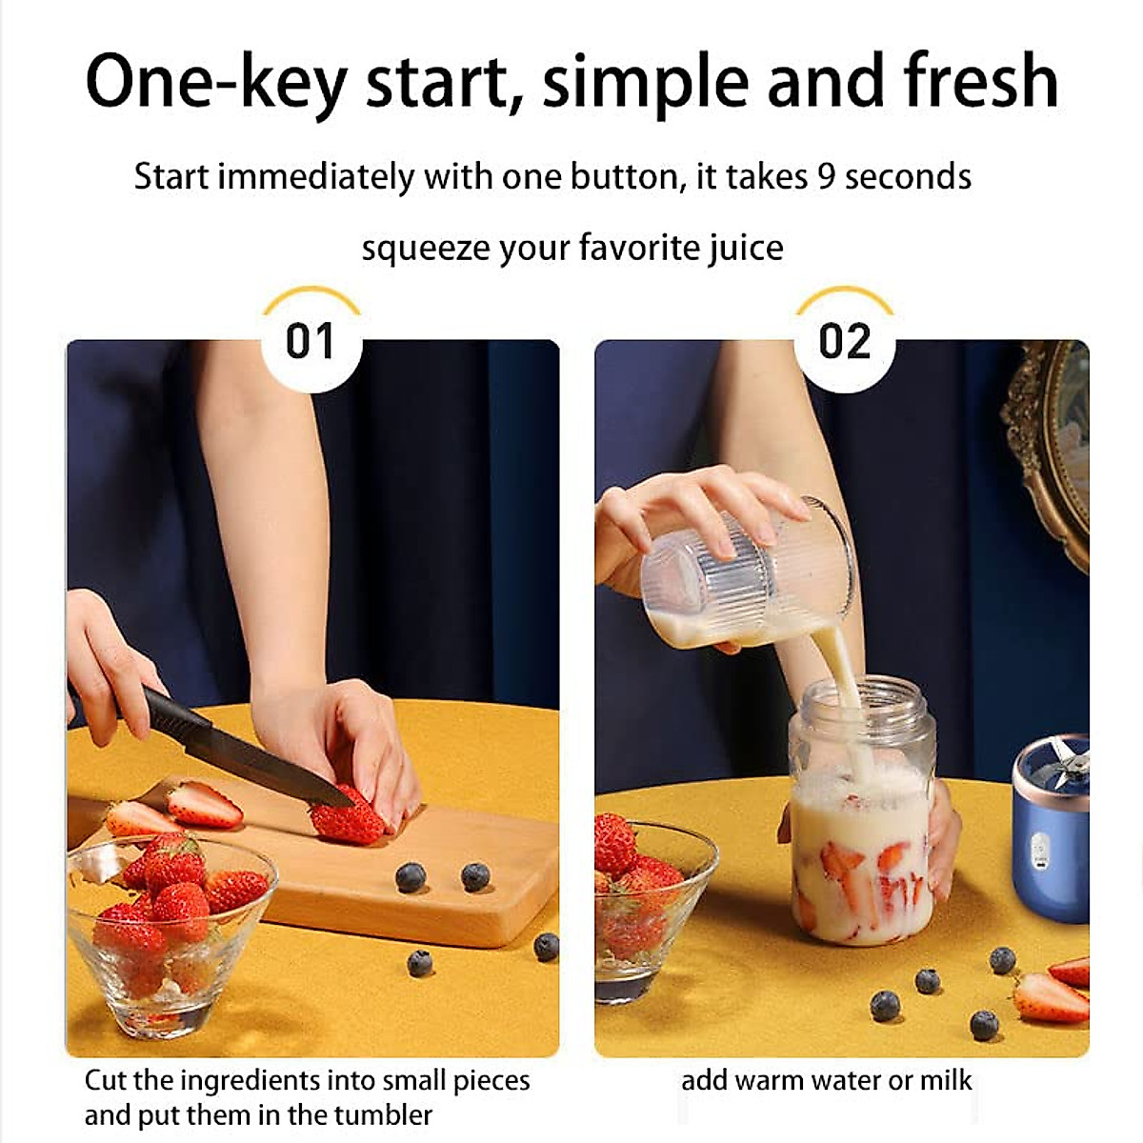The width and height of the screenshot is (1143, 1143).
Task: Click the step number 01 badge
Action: [x=311, y=342]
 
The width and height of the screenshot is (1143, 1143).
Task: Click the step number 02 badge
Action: [x=844, y=342]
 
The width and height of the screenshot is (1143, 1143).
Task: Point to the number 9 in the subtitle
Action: [x=826, y=177]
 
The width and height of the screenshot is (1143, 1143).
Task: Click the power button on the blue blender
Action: [x=1041, y=844]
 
